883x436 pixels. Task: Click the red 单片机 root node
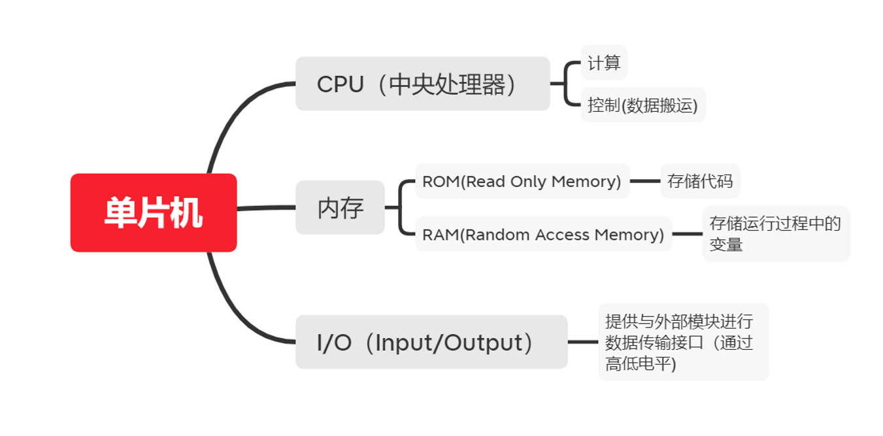[154, 212]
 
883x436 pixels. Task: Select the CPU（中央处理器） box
[422, 84]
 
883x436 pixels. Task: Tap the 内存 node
[340, 208]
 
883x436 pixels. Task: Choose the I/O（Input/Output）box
[431, 342]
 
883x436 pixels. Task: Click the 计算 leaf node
[604, 63]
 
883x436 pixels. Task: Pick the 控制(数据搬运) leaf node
[643, 105]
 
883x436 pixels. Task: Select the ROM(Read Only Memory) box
[522, 181]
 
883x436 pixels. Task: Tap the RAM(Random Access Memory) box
[543, 234]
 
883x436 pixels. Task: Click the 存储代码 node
[700, 181]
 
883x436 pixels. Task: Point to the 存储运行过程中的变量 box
[776, 234]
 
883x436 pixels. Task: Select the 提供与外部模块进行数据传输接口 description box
[683, 342]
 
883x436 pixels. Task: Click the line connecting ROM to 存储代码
[645, 181]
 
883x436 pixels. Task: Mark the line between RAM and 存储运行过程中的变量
[687, 234]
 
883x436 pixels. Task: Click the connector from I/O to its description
[582, 342]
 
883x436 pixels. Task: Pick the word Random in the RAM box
[496, 234]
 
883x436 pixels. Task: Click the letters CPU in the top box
[340, 84]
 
